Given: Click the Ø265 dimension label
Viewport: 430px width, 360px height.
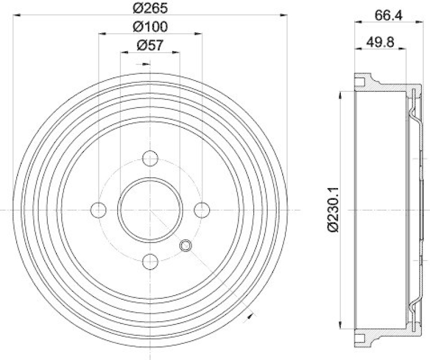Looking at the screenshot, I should [150, 8].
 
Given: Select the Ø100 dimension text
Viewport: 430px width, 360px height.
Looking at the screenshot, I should [150, 26].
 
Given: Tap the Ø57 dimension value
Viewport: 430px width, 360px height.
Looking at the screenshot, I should [150, 46].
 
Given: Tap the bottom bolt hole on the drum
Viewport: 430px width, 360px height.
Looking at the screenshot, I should [150, 261].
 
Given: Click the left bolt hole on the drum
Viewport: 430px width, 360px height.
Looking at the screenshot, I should [99, 209].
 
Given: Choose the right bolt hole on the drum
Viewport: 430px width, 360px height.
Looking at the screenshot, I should [202, 209].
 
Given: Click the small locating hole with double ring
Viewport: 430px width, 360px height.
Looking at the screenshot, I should [186, 246].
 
